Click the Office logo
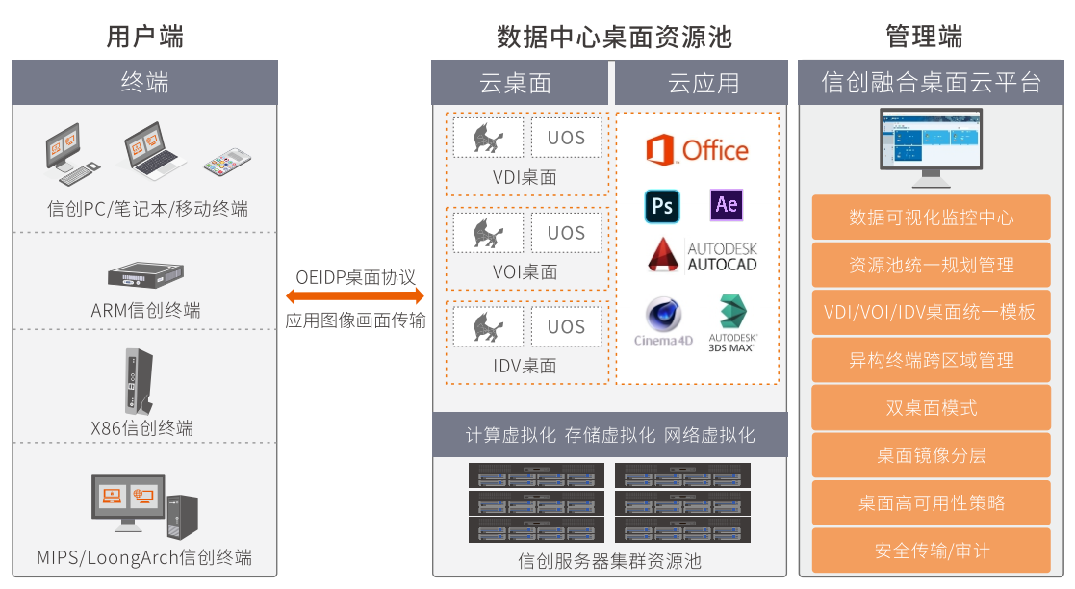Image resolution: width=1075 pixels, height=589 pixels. (697, 150)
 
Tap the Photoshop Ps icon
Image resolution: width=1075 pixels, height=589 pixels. (662, 206)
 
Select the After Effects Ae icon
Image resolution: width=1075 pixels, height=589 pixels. (727, 204)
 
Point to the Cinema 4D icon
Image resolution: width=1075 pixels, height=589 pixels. (663, 321)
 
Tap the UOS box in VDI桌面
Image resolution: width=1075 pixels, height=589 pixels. (566, 138)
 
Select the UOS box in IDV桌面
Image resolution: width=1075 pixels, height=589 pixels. (566, 326)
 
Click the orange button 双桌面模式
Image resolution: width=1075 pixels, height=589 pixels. (931, 408)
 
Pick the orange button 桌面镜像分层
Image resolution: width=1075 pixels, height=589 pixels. (931, 455)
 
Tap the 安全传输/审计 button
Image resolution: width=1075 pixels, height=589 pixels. (931, 551)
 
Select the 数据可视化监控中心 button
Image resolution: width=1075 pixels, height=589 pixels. (931, 218)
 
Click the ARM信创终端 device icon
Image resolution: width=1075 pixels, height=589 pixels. (144, 277)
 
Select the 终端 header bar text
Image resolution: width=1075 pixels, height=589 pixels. (144, 83)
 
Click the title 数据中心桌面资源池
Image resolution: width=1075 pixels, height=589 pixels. (614, 37)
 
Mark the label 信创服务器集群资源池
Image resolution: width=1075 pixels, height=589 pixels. (609, 560)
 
